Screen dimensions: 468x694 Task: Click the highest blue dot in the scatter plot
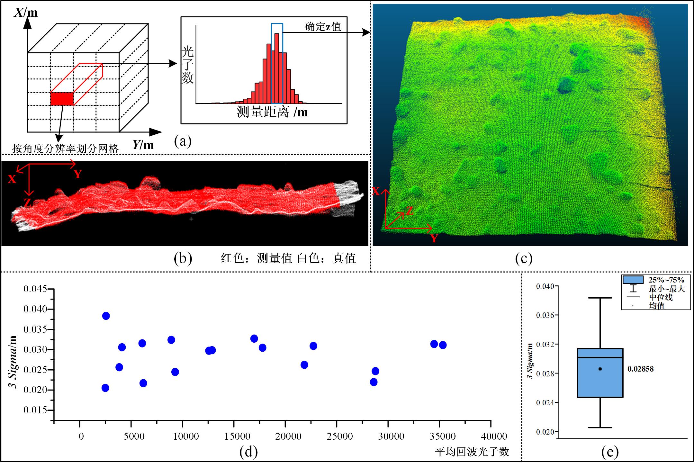106,316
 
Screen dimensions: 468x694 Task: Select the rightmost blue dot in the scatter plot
443,345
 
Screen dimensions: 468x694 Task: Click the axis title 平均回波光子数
472,452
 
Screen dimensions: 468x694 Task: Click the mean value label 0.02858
640,369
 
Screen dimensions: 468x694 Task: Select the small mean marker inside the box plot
600,369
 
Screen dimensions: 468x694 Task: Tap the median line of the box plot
600,357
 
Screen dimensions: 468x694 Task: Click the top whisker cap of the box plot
600,298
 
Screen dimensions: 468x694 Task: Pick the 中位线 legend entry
661,297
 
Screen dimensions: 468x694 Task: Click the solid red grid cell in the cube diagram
62,99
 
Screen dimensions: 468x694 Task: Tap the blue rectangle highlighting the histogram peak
277,63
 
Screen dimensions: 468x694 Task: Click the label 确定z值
323,27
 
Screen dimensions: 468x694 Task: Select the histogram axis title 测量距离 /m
272,112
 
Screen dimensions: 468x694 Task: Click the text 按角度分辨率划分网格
66,148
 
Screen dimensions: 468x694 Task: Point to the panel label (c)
524,258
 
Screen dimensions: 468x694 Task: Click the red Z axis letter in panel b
27,202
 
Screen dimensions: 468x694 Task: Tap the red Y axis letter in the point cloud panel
434,238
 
